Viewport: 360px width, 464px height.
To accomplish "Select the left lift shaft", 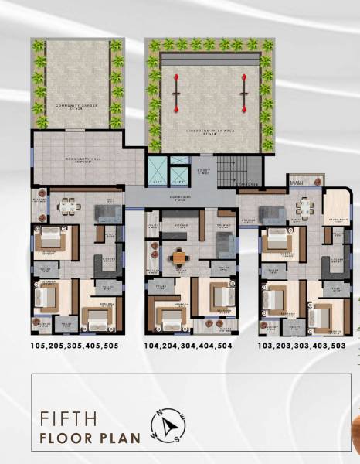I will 158,172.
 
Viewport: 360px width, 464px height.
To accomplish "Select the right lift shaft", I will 178,172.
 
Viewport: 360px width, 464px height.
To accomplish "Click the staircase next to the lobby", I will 229,170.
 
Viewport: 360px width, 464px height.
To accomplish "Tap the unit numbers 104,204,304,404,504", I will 189,346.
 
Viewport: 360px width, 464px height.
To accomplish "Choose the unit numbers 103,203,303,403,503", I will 302,346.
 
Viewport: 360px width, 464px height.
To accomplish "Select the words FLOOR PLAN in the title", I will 90,438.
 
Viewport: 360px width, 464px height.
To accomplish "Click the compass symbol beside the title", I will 168,425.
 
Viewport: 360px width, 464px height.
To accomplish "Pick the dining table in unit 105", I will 68,206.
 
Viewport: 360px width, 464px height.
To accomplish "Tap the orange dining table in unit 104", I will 180,257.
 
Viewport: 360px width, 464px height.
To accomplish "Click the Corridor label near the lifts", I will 180,196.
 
